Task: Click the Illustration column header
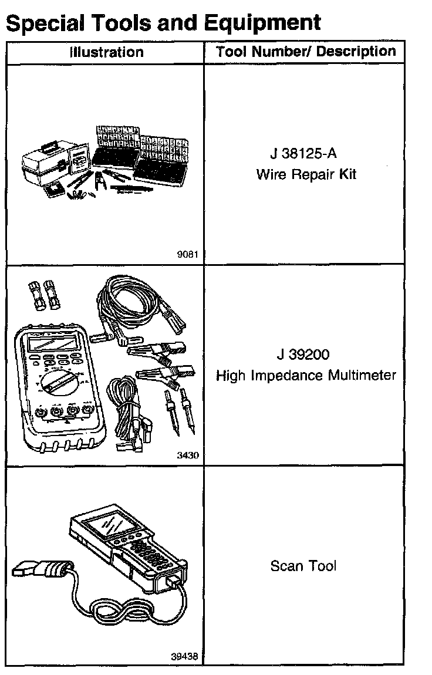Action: (106, 52)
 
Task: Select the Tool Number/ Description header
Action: (306, 51)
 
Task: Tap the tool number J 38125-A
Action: (304, 156)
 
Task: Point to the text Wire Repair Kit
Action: (306, 174)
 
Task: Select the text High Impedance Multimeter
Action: (306, 375)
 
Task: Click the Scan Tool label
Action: (303, 566)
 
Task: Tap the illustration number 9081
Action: (188, 255)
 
